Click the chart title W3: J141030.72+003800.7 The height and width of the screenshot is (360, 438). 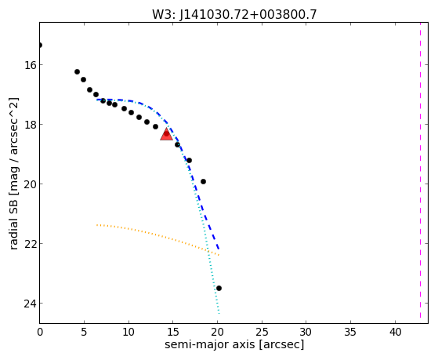tap(234, 15)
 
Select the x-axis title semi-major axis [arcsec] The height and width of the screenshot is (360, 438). tap(234, 344)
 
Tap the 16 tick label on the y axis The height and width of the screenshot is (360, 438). tap(30, 65)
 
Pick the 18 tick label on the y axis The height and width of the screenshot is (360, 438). tap(30, 125)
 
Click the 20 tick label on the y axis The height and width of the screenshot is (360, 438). tap(30, 184)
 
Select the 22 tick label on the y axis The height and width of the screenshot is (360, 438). tap(30, 244)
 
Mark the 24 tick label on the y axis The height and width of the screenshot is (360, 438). tap(30, 304)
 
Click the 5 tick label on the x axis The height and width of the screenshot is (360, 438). tap(84, 332)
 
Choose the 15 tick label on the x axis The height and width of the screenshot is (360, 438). tap(172, 332)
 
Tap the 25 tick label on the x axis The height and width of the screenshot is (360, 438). tap(262, 332)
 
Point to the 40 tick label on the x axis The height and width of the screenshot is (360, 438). tap(395, 332)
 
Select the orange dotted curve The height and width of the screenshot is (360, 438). tap(158, 236)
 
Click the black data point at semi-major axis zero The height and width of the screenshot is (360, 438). tap(40, 45)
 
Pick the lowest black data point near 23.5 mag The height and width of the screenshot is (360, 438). tap(219, 288)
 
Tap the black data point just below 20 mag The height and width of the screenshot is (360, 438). tap(203, 181)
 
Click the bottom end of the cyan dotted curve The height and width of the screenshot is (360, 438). tap(219, 313)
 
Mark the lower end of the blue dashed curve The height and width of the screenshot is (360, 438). tap(219, 249)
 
